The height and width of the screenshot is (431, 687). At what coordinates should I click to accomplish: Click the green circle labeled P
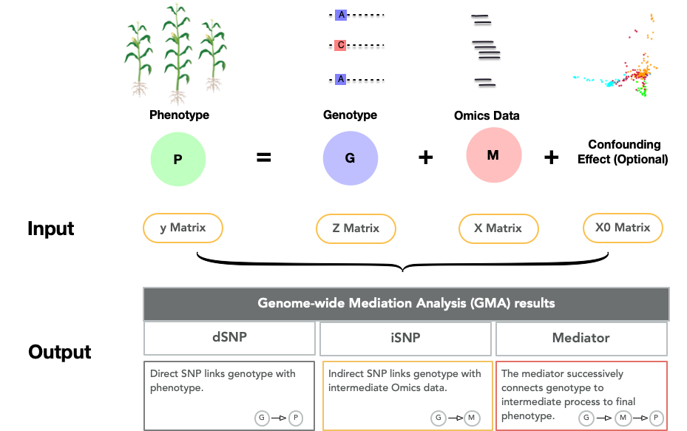point(177,159)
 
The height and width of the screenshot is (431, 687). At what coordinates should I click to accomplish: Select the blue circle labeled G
point(350,159)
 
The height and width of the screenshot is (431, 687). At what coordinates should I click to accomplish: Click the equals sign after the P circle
point(263,157)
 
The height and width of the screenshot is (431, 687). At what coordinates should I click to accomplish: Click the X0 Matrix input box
point(623,228)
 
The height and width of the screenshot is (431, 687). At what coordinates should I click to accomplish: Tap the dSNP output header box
point(229,338)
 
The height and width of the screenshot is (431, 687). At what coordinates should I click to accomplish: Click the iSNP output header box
point(406,338)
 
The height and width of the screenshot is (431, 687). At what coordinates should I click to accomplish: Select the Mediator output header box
point(581,338)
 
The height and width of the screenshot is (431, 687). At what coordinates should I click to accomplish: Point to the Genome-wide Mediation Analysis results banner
point(406,303)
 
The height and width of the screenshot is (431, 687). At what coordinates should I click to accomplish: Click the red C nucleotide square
point(341,46)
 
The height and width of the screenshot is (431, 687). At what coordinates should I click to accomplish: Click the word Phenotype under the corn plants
point(179,115)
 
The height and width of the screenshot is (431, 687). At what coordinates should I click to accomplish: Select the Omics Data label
point(487,115)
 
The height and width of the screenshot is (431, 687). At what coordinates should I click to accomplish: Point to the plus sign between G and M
point(425,157)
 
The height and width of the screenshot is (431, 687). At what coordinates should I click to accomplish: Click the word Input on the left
point(51,228)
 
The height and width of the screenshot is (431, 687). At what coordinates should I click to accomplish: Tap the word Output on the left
point(60,352)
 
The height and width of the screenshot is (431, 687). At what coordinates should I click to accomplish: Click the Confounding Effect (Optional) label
point(623,152)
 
